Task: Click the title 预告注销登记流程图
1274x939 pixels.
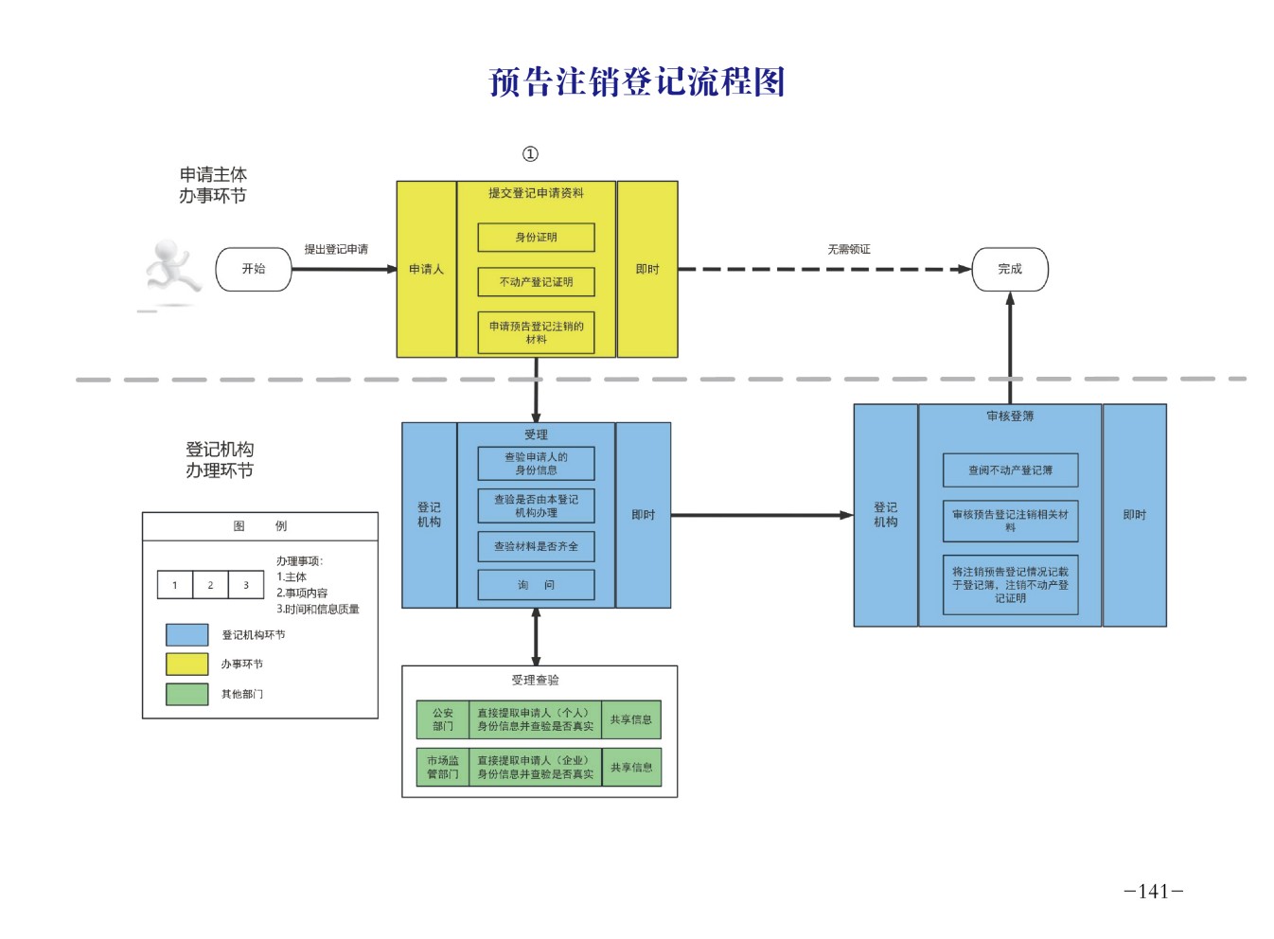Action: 637,82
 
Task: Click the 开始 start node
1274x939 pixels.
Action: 253,269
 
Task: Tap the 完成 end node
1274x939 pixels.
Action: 1010,269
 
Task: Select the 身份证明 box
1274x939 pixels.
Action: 536,238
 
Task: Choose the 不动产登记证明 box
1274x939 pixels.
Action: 536,282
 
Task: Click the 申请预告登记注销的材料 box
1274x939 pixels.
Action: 536,332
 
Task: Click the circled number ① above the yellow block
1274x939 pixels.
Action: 530,154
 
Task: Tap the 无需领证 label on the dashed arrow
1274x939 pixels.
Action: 848,249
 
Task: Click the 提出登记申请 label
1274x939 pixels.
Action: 336,249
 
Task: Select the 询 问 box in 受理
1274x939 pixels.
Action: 536,585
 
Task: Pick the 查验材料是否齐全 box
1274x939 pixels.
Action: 536,546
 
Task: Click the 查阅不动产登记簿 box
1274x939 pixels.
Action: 1010,470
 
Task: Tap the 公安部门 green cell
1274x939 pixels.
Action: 443,719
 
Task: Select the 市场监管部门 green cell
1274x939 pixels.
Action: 443,767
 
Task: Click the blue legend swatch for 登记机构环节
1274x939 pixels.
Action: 186,635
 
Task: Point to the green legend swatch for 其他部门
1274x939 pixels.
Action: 186,694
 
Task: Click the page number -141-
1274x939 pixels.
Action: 1153,891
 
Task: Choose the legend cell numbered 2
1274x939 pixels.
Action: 210,585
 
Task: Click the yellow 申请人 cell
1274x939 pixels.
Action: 426,270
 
